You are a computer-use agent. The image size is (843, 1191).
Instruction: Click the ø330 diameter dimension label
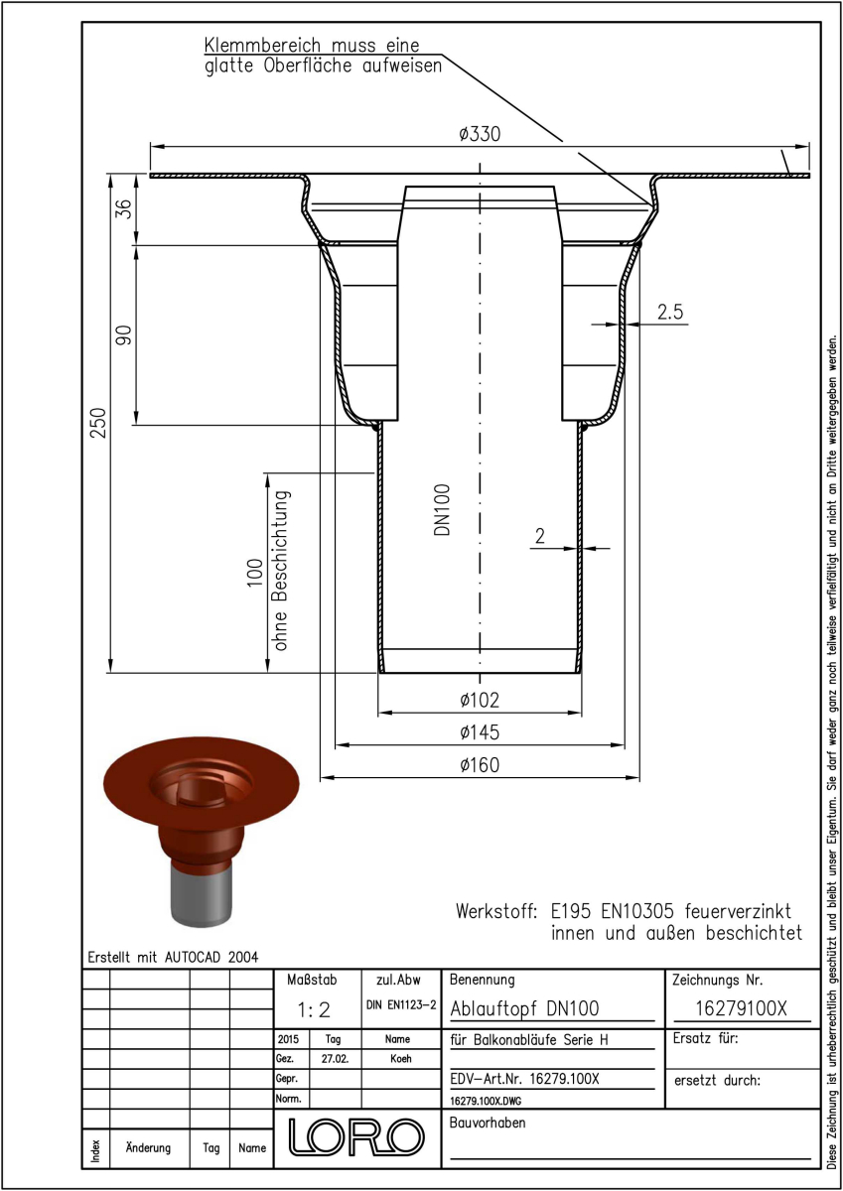(480, 134)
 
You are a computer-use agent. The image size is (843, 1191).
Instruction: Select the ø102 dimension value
(480, 701)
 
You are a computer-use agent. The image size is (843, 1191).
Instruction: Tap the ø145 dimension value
(480, 732)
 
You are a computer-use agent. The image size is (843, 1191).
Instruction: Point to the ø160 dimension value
(480, 765)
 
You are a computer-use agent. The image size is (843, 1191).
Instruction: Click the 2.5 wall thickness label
(670, 312)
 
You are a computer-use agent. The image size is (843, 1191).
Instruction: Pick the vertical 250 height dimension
(99, 423)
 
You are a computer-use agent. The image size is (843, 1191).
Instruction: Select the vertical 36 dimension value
(123, 209)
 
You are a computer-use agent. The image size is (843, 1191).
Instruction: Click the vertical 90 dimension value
(123, 335)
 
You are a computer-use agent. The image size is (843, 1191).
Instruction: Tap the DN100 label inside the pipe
(442, 510)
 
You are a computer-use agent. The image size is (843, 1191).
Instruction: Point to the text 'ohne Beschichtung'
(280, 571)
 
